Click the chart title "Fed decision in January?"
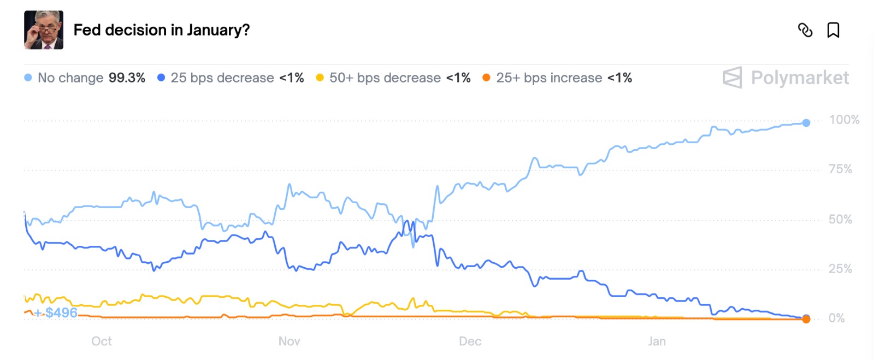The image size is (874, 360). tap(161, 30)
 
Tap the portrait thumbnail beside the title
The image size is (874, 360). tap(44, 30)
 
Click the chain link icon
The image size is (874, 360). tap(805, 30)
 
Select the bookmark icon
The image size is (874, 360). tap(833, 30)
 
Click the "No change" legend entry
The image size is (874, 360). tap(70, 78)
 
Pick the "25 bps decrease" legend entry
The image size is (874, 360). tap(222, 78)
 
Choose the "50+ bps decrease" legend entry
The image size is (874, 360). tap(385, 78)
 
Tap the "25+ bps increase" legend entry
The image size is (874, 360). tap(548, 78)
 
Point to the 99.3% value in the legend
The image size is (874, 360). tap(127, 78)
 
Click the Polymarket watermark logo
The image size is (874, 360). tap(786, 78)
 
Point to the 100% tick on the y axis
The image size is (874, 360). tap(844, 120)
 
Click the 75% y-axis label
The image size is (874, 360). tap(840, 169)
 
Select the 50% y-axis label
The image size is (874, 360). tap(840, 219)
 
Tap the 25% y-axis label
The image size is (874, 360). tap(840, 269)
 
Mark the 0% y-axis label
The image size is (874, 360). tap(836, 318)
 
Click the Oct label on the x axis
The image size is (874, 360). tap(102, 341)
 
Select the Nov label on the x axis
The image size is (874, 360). tap(289, 341)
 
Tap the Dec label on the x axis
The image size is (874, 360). tap(470, 341)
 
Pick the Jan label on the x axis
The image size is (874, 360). tap(657, 341)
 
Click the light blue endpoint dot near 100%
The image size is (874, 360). tap(806, 123)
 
